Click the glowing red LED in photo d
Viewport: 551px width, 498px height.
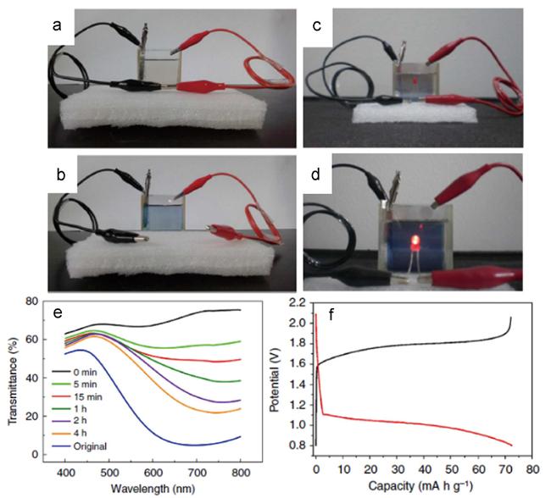[x=415, y=241]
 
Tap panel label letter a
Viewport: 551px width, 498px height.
[x=57, y=25]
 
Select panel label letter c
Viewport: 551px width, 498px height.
[x=317, y=25]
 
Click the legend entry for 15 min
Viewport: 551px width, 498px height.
[x=77, y=397]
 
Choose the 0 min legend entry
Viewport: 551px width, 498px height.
[x=74, y=372]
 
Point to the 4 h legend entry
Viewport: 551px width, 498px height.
[x=70, y=434]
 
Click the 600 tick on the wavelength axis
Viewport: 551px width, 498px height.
[x=153, y=473]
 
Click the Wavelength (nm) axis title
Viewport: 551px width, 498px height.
[x=153, y=488]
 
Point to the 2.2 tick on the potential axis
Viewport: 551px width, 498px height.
[x=298, y=302]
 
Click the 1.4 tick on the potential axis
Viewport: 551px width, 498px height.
[x=298, y=385]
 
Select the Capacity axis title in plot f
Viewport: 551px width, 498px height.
[x=420, y=486]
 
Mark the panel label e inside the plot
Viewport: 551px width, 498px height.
[x=58, y=313]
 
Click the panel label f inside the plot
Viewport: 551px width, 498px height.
[x=331, y=315]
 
